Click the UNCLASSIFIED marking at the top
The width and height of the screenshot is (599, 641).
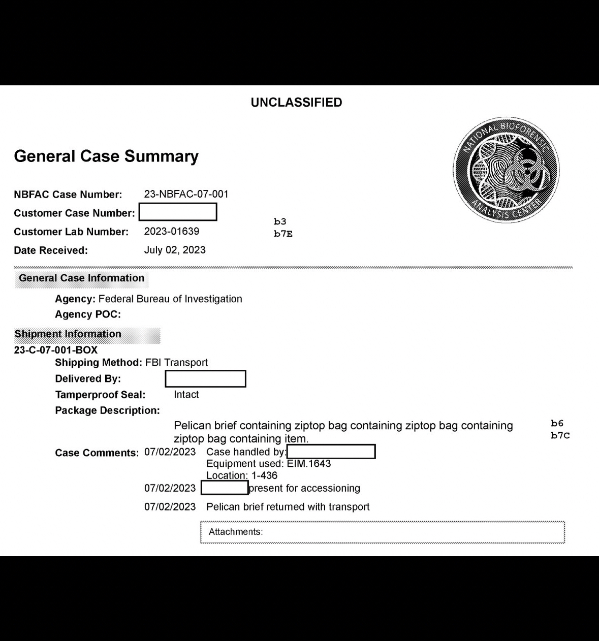tap(296, 103)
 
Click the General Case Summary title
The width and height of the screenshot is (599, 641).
tap(106, 156)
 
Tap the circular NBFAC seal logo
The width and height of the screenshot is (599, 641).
tap(506, 170)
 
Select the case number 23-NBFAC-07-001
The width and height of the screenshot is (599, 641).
tap(186, 194)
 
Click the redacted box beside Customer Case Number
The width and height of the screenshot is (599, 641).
tap(178, 212)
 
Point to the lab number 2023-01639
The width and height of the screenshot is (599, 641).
tap(171, 232)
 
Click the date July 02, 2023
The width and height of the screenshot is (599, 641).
tap(175, 250)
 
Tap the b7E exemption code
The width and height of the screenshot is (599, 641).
tap(283, 234)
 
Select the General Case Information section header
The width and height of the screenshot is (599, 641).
tap(82, 278)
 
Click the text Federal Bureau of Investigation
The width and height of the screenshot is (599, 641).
tap(170, 299)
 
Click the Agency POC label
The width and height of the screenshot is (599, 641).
tap(88, 314)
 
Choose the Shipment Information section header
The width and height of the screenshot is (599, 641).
tap(68, 334)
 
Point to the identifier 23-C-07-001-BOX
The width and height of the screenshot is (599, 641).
tap(56, 350)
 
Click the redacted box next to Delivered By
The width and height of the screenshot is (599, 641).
tap(205, 379)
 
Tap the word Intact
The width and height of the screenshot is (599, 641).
tap(186, 395)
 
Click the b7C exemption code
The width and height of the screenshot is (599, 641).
tap(560, 436)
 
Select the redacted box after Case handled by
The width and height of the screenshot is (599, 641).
tap(331, 452)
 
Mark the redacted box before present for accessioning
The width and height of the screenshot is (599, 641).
tap(225, 488)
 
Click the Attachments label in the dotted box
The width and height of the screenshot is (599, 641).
tap(236, 532)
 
